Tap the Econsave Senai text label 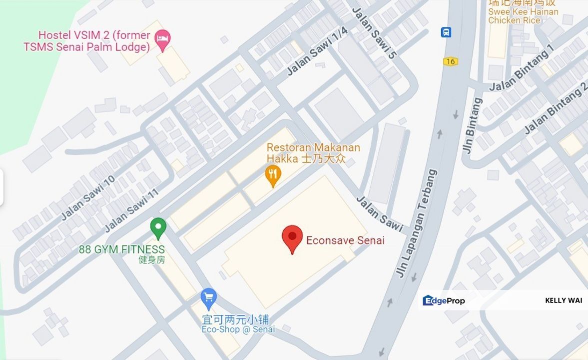(x=345, y=240)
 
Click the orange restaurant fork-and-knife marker (x=273, y=175)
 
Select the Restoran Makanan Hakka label (x=313, y=153)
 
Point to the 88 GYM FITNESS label (x=121, y=249)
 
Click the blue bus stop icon (x=446, y=32)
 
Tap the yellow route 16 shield (x=450, y=61)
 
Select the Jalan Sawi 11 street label (x=131, y=210)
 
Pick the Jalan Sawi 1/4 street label (x=317, y=51)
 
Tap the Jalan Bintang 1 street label (x=522, y=68)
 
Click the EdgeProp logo (x=444, y=300)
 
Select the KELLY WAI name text (x=564, y=300)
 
